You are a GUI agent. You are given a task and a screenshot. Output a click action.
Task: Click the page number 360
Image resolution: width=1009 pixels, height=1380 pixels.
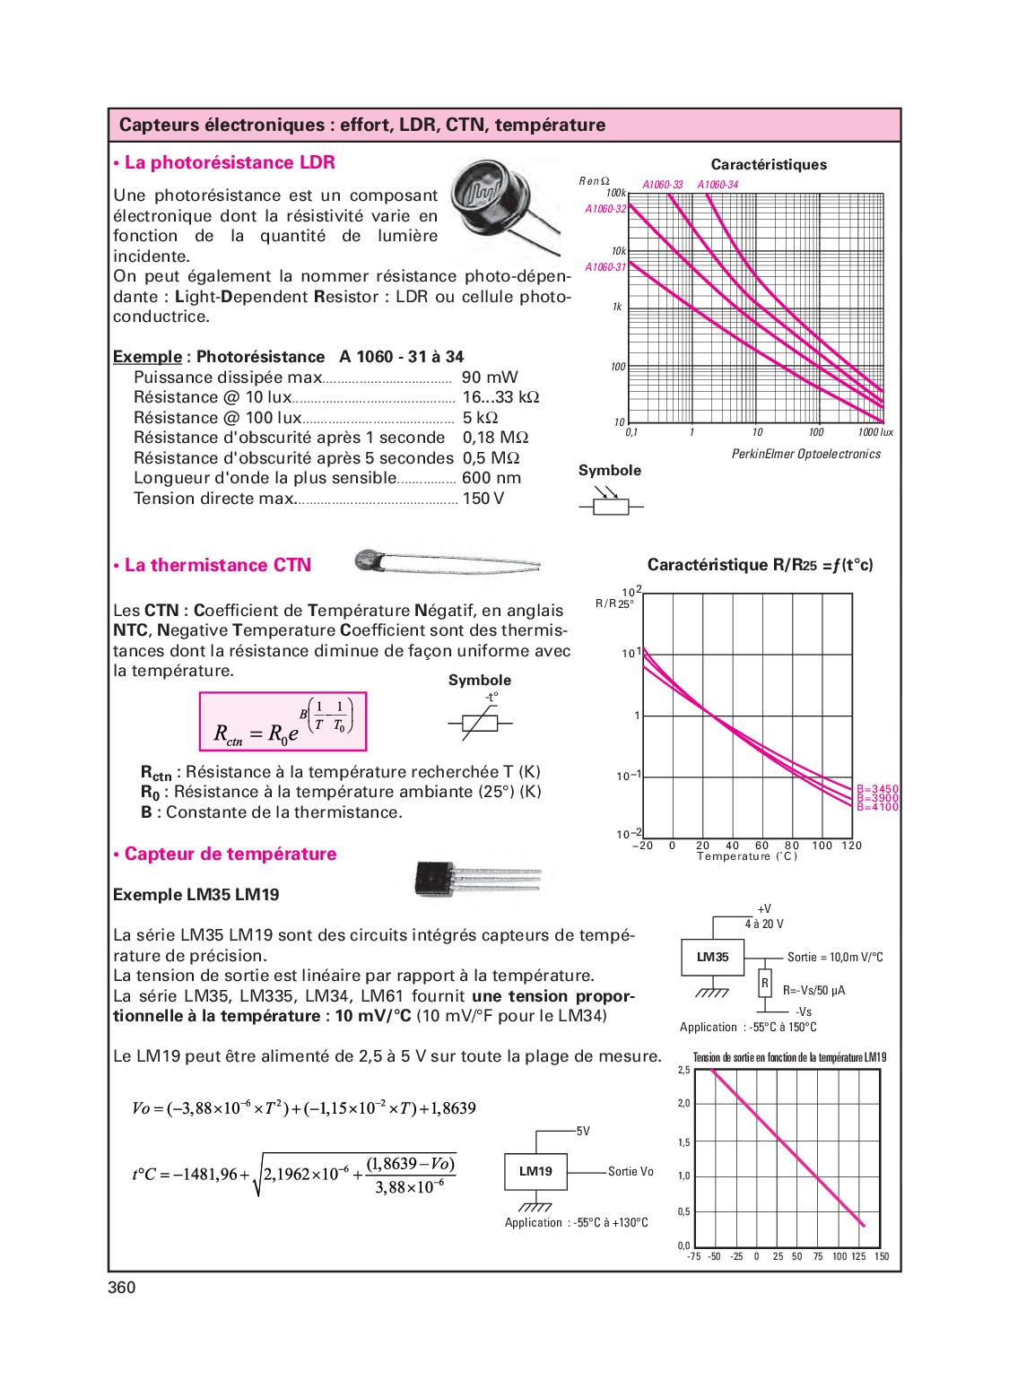click(x=122, y=1288)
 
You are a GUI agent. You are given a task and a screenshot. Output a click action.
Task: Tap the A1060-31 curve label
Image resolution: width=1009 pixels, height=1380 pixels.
click(x=605, y=267)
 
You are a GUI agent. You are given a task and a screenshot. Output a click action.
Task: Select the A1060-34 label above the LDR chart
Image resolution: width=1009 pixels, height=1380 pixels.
click(x=718, y=185)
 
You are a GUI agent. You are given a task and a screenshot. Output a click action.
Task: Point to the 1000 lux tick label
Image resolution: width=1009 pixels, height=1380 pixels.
click(x=875, y=432)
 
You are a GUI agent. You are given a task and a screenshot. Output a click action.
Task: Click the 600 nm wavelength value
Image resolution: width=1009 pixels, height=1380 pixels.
click(x=491, y=478)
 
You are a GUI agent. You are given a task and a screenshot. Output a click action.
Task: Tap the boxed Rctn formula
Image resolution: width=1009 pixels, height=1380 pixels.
click(x=283, y=722)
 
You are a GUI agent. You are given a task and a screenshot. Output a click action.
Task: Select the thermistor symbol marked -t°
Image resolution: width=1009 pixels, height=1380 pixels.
click(x=480, y=722)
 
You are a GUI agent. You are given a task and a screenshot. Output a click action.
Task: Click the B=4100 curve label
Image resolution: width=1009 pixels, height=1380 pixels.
click(x=877, y=807)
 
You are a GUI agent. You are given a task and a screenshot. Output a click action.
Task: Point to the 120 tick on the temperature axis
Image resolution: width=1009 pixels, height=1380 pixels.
click(x=851, y=846)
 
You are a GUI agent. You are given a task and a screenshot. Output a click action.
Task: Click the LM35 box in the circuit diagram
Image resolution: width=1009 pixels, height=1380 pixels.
click(x=713, y=958)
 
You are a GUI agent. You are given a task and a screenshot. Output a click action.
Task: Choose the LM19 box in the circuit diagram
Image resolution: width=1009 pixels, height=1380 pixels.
click(x=535, y=1171)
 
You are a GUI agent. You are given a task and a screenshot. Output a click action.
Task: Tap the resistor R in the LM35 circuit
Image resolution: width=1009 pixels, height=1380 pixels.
click(x=765, y=984)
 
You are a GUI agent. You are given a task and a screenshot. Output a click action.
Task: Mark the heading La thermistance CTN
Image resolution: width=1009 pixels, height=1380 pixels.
click(x=218, y=566)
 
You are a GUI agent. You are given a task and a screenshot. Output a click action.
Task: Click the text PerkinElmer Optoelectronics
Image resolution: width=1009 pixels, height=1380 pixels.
click(x=805, y=455)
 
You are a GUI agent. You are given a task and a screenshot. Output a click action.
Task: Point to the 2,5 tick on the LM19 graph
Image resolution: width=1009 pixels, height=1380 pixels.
click(x=684, y=1071)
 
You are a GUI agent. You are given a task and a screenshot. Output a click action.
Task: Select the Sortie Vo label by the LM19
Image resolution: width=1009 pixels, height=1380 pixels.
click(x=631, y=1172)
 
